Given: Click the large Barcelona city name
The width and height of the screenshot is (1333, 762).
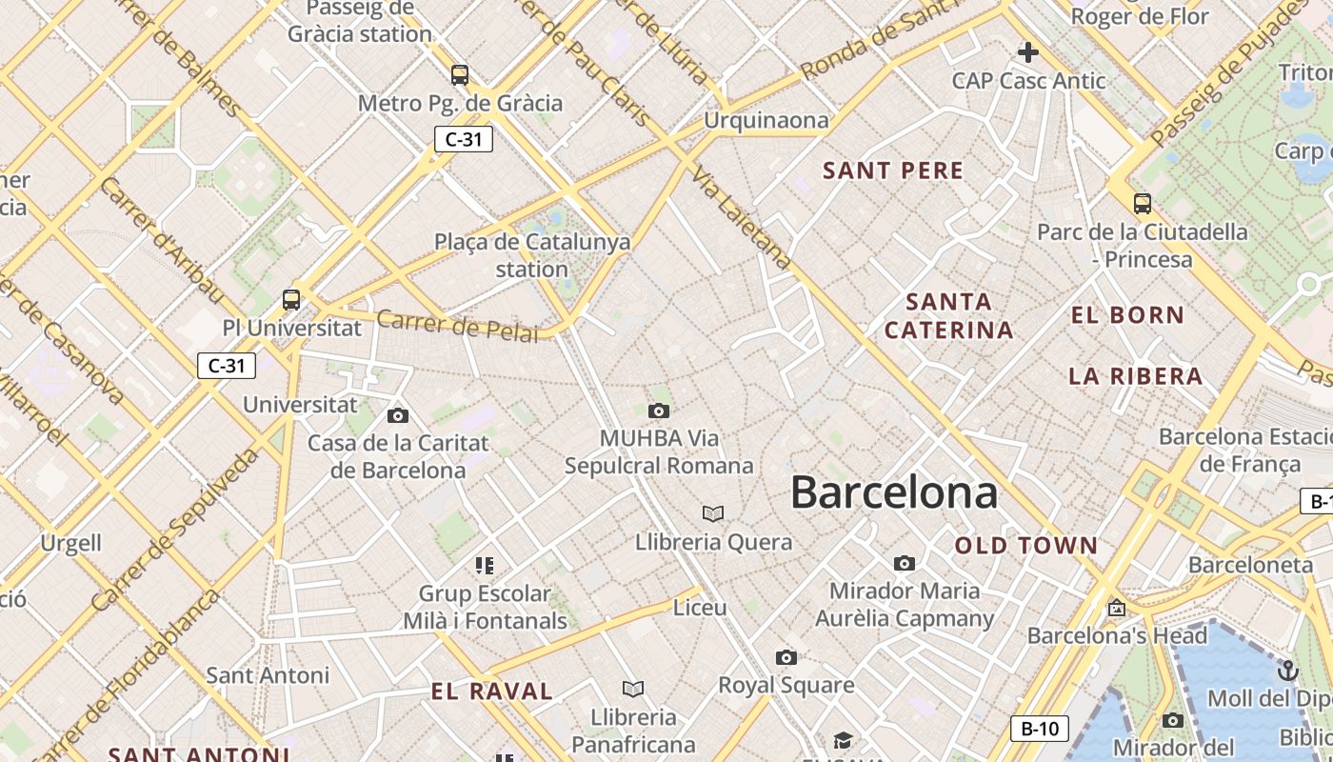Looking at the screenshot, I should tap(894, 492).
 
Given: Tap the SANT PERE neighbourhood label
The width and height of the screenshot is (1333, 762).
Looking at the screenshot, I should tap(893, 171).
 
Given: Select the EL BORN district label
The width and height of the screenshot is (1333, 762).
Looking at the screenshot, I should tap(1127, 315).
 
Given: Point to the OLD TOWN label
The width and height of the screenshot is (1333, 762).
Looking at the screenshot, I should tap(1026, 546).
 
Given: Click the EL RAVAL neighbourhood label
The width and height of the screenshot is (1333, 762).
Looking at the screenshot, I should tap(491, 692).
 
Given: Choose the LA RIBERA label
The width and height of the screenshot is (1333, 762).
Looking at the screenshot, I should tap(1135, 376).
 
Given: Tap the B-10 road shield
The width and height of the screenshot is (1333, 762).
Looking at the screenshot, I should tap(1039, 729).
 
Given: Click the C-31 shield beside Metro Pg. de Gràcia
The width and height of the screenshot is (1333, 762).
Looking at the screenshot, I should tap(464, 139).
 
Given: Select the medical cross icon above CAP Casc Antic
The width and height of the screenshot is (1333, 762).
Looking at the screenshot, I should tap(1028, 52).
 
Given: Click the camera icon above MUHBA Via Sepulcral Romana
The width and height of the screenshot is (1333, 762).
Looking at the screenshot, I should tap(658, 411).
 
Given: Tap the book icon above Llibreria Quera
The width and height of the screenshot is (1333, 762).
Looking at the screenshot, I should tap(713, 514).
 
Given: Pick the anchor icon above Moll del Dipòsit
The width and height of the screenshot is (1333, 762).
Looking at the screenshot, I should tap(1287, 671).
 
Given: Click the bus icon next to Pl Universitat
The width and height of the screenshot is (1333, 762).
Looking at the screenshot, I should tap(291, 300).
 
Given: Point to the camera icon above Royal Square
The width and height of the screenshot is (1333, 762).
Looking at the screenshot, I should tap(786, 657).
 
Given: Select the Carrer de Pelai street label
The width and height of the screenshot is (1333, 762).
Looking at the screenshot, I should tap(457, 326).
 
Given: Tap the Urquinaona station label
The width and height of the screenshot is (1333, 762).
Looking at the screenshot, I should tap(766, 121).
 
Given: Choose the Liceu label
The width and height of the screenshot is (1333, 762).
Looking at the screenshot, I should tap(700, 608).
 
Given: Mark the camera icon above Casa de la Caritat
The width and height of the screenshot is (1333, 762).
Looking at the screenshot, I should tap(398, 415).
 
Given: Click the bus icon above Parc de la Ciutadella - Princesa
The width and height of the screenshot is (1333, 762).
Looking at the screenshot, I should tap(1142, 203).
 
